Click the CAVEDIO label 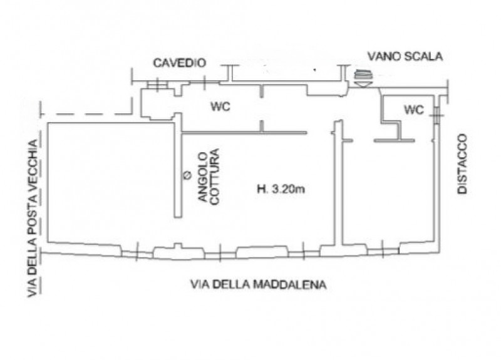(179, 63)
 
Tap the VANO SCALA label (405, 56)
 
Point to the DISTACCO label (462, 164)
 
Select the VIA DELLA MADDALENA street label (259, 284)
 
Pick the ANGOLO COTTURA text (209, 176)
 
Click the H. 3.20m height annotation (281, 189)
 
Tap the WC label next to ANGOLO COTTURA (220, 106)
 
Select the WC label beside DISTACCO (414, 110)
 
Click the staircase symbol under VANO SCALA (363, 79)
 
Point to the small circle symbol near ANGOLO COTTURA (187, 175)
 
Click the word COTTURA (215, 176)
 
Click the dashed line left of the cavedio (86, 114)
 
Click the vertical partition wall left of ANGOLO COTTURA (178, 165)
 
